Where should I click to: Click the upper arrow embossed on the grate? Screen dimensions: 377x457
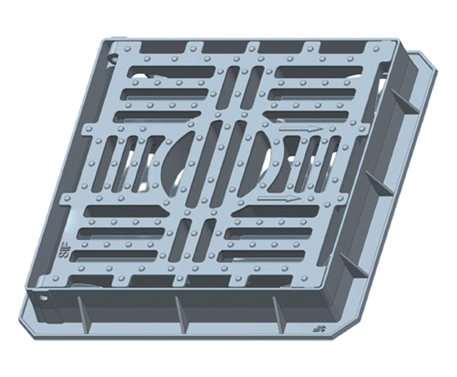(x=300, y=129)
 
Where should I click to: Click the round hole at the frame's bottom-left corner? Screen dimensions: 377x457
(x=42, y=297)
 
